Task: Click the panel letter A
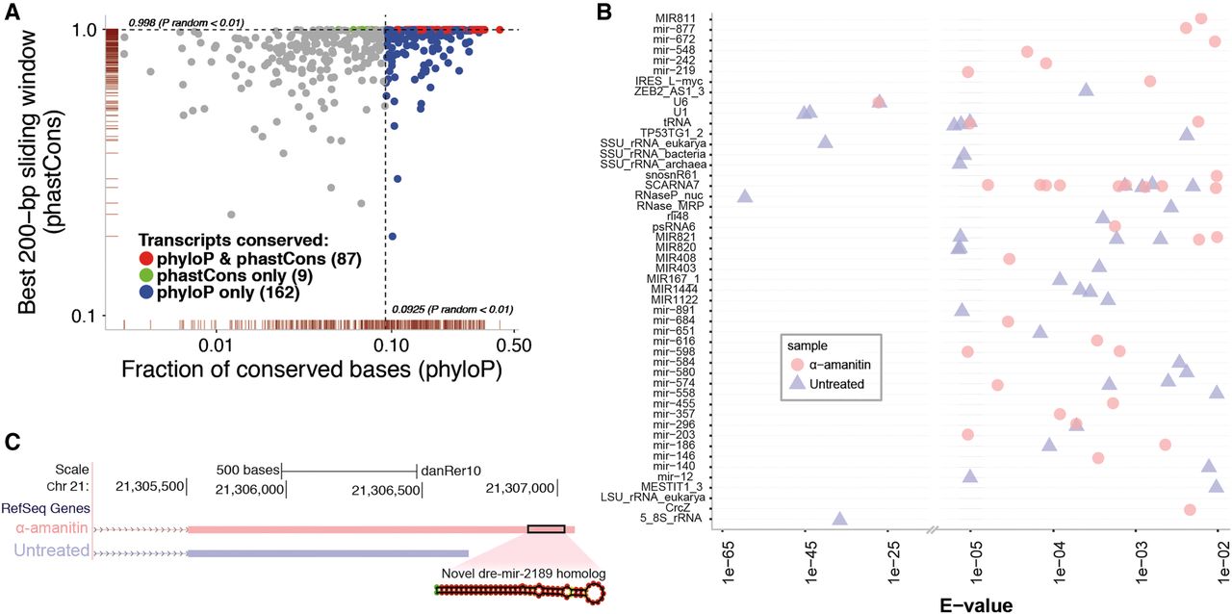[x=13, y=13]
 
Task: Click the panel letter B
[x=604, y=13]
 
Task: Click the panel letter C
[x=13, y=442]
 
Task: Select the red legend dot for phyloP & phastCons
[x=146, y=258]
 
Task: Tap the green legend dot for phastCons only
[x=146, y=275]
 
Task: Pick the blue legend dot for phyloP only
[x=146, y=293]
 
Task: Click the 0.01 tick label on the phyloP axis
[x=217, y=346]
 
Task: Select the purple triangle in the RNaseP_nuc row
[x=745, y=196]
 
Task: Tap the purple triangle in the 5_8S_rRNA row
[x=839, y=519]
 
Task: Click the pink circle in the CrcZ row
[x=1190, y=509]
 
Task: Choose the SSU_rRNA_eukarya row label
[x=653, y=143]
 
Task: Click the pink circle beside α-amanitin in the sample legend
[x=797, y=364]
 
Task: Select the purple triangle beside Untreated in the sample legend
[x=797, y=384]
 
